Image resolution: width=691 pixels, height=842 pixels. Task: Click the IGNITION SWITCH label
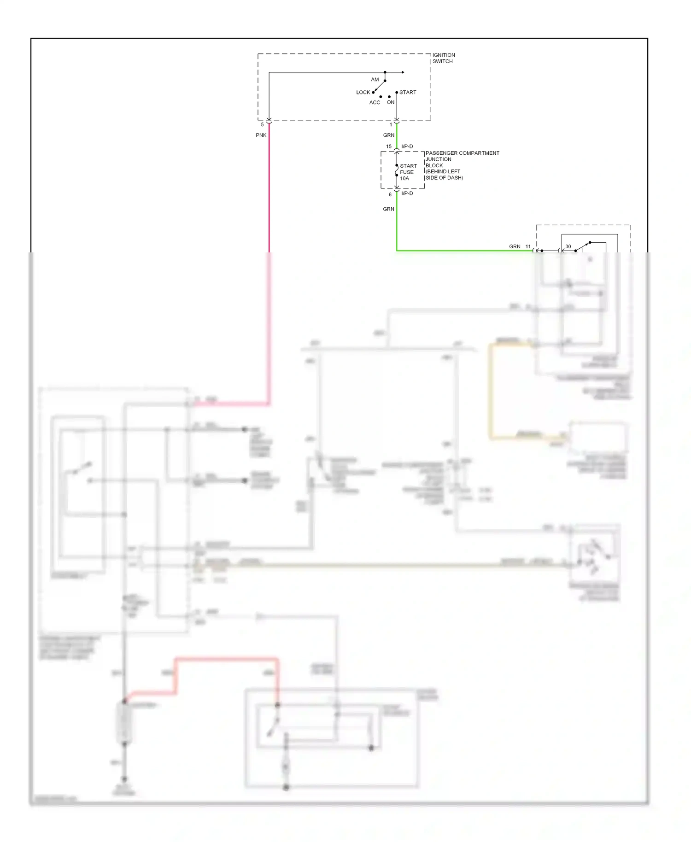(x=443, y=58)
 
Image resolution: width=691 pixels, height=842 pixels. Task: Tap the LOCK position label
(x=363, y=92)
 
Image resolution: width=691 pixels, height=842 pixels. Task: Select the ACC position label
(x=375, y=102)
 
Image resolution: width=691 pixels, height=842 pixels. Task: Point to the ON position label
(x=391, y=102)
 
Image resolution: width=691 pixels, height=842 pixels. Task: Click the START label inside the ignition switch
(x=408, y=92)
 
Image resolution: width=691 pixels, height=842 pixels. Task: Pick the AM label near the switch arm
(x=375, y=79)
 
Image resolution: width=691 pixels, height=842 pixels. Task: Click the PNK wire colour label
(x=261, y=135)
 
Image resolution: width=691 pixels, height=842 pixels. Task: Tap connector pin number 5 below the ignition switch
(x=262, y=124)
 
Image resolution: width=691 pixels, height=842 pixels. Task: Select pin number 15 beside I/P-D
(x=389, y=146)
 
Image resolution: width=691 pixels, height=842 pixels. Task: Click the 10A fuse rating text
(x=404, y=178)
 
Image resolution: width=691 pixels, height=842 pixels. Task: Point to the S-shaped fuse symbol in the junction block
(x=397, y=172)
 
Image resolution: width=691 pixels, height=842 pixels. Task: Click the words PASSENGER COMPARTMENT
(x=462, y=153)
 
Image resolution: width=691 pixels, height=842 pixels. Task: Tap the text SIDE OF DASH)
(x=444, y=178)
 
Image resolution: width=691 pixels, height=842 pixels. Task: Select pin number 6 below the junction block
(x=390, y=194)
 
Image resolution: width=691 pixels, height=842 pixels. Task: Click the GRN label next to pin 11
(x=515, y=246)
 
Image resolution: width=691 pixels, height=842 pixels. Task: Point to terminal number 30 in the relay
(x=568, y=246)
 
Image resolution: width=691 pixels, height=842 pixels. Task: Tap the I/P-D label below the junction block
(x=407, y=193)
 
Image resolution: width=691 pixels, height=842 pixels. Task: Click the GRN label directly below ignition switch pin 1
(x=388, y=135)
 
